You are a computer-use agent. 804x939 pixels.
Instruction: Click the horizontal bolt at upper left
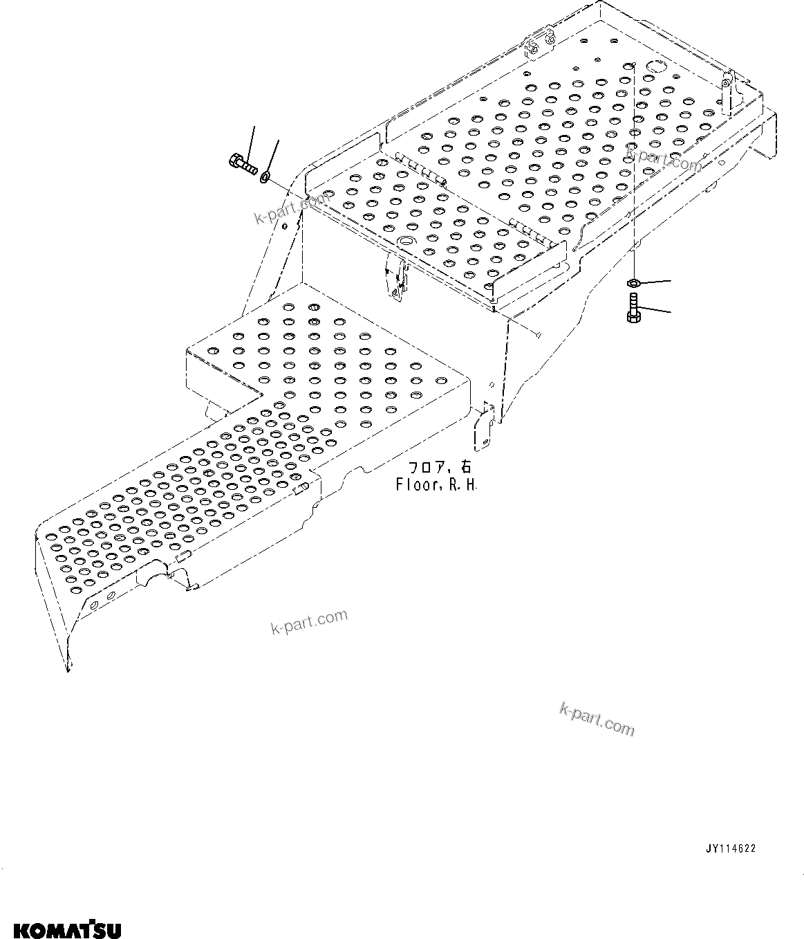click(241, 164)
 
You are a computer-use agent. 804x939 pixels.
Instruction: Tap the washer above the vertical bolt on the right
click(633, 282)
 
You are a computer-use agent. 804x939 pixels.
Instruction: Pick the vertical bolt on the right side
click(633, 307)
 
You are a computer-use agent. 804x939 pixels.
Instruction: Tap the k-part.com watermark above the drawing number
click(596, 720)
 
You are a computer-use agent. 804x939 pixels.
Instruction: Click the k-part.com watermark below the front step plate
click(309, 622)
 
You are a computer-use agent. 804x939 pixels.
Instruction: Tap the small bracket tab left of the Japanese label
click(483, 424)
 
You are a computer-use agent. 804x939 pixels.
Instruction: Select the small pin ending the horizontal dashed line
click(537, 336)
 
